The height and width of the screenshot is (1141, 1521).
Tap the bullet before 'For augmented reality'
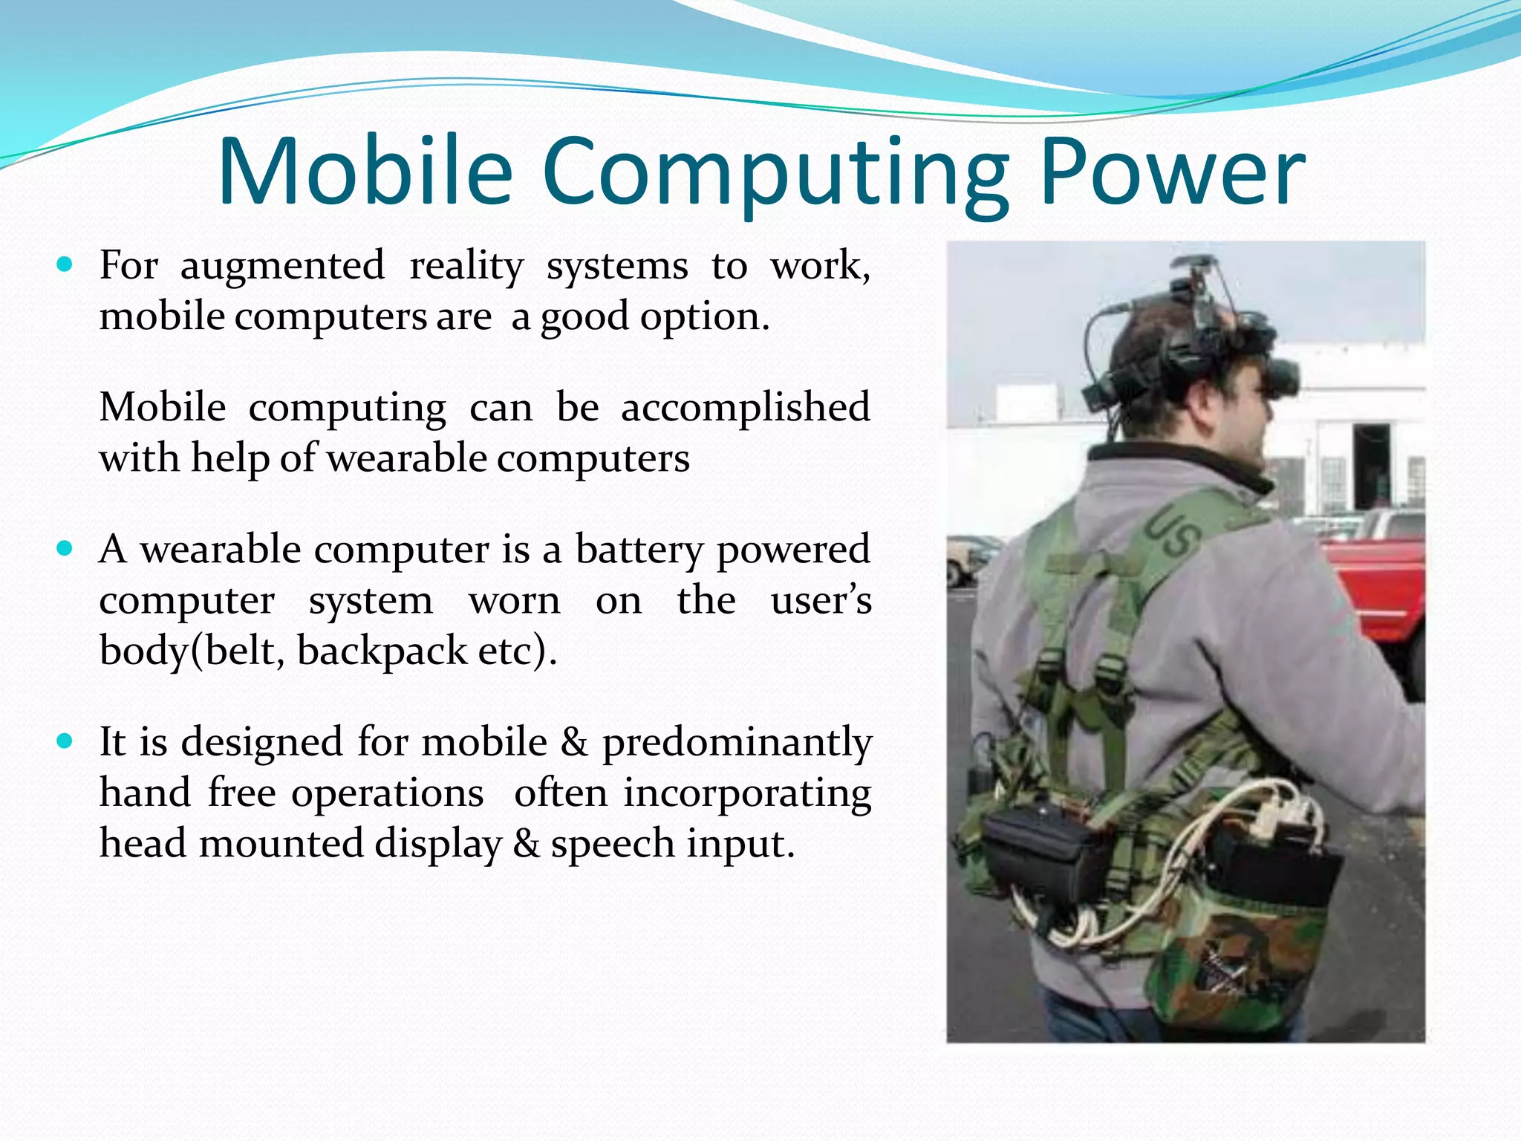pos(65,264)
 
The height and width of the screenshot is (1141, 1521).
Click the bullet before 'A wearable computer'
pos(65,549)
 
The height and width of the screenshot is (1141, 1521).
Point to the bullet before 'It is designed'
pos(65,741)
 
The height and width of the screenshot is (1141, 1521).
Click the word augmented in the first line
pos(282,266)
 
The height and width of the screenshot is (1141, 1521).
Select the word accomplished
pos(745,408)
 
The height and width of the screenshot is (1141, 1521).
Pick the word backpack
pos(382,651)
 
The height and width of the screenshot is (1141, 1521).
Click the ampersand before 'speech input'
pos(526,844)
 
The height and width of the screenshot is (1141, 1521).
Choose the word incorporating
pos(747,793)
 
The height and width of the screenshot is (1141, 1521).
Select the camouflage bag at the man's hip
pos(1225,958)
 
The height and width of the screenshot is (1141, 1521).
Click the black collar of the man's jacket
pos(1188,464)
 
